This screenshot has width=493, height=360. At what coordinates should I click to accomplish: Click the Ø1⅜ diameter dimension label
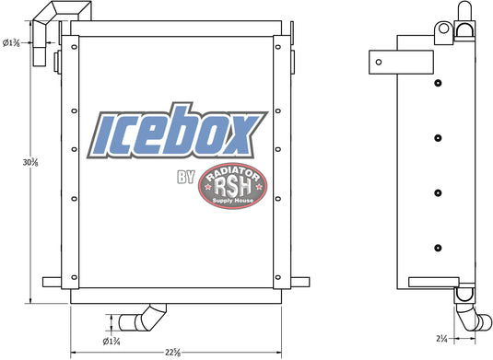pos(13,42)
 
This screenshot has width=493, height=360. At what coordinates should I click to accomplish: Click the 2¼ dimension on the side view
pos(443,339)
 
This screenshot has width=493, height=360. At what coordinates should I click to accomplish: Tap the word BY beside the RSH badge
pos(182,179)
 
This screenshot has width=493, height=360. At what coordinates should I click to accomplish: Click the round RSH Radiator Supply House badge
pos(233,188)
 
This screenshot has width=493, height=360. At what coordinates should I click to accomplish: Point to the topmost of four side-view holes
pos(438,85)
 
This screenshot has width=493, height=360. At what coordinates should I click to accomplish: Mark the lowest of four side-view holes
pos(438,246)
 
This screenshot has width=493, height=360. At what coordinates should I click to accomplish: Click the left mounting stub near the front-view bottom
pos(53,281)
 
